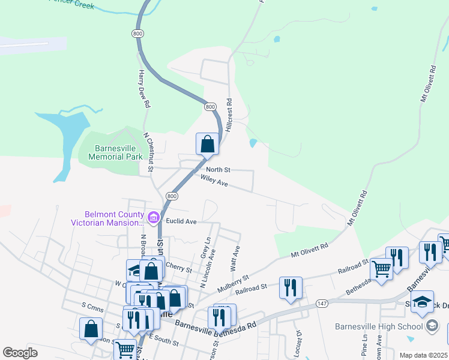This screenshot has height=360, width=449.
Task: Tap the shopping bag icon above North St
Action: click(207, 145)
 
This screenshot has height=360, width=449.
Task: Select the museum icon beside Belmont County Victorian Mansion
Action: click(153, 217)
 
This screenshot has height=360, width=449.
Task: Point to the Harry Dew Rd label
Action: click(143, 89)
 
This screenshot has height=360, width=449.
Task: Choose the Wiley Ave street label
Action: click(214, 181)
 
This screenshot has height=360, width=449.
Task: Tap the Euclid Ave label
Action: click(182, 221)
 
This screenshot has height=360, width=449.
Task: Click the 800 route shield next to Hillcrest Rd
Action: click(209, 106)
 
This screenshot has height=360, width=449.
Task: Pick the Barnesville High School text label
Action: click(378, 326)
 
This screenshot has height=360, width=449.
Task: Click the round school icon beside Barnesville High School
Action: click(432, 326)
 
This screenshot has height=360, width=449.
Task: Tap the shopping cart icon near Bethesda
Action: click(381, 269)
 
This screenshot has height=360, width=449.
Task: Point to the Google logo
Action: click(20, 352)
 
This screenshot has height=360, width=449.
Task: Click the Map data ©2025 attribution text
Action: click(423, 355)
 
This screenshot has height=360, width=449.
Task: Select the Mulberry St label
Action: click(233, 284)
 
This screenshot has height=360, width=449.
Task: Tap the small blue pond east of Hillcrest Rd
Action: click(253, 143)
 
